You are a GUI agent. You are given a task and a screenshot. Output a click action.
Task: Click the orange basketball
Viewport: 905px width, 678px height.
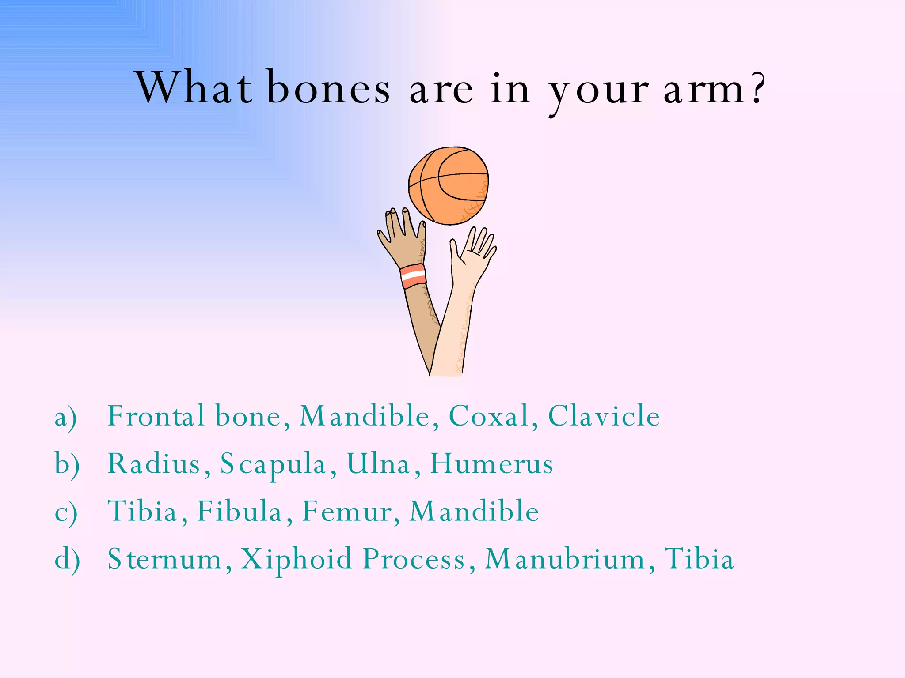pos(448,185)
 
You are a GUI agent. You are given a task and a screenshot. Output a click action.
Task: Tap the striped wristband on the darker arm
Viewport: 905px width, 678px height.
pos(414,276)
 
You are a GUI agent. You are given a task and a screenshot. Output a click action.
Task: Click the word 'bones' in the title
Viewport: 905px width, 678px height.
pos(328,88)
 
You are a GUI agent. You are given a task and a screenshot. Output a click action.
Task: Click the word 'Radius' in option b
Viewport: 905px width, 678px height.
pos(154,464)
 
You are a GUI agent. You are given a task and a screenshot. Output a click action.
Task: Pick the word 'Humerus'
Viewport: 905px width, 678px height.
pos(491,464)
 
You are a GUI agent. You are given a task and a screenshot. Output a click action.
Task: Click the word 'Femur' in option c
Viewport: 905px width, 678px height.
pos(346,512)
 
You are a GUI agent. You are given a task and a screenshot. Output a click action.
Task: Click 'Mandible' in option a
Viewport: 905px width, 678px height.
pos(364,416)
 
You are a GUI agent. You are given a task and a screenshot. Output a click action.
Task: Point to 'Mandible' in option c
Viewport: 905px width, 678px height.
pos(474,512)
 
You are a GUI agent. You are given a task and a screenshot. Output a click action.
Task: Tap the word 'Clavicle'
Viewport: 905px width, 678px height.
pos(604,416)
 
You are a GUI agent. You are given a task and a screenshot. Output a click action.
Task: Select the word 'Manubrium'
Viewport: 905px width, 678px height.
pos(565,559)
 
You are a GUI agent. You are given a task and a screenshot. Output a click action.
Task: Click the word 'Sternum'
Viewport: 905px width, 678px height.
pos(164,559)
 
